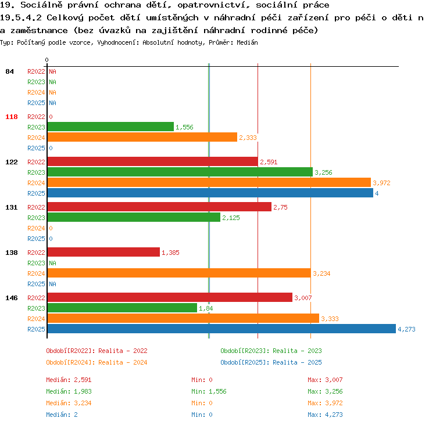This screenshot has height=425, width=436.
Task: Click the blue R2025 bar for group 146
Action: click(221, 329)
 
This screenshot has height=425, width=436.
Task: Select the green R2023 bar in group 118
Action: click(110, 127)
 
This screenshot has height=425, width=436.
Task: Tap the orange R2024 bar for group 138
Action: click(179, 273)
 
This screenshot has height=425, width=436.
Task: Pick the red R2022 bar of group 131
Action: click(159, 207)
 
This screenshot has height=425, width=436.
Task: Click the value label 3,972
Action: click(381, 183)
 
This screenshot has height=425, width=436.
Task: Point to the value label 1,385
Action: click(170, 253)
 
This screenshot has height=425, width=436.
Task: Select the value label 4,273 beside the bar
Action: click(406, 329)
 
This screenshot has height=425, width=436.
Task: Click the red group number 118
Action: click(12, 117)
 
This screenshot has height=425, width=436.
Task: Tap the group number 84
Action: click(9, 71)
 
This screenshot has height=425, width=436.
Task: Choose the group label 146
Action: click(12, 298)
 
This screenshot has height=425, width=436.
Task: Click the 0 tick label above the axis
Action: click(47, 60)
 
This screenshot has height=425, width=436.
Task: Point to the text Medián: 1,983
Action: click(69, 391)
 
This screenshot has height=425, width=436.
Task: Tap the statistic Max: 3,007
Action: click(325, 380)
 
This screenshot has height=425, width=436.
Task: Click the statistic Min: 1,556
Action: click(209, 391)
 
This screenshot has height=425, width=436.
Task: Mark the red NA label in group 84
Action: click(52, 71)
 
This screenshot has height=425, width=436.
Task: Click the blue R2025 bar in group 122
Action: click(210, 193)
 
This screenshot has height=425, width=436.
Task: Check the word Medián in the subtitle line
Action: click(247, 42)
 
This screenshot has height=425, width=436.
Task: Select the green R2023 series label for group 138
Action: click(36, 263)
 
